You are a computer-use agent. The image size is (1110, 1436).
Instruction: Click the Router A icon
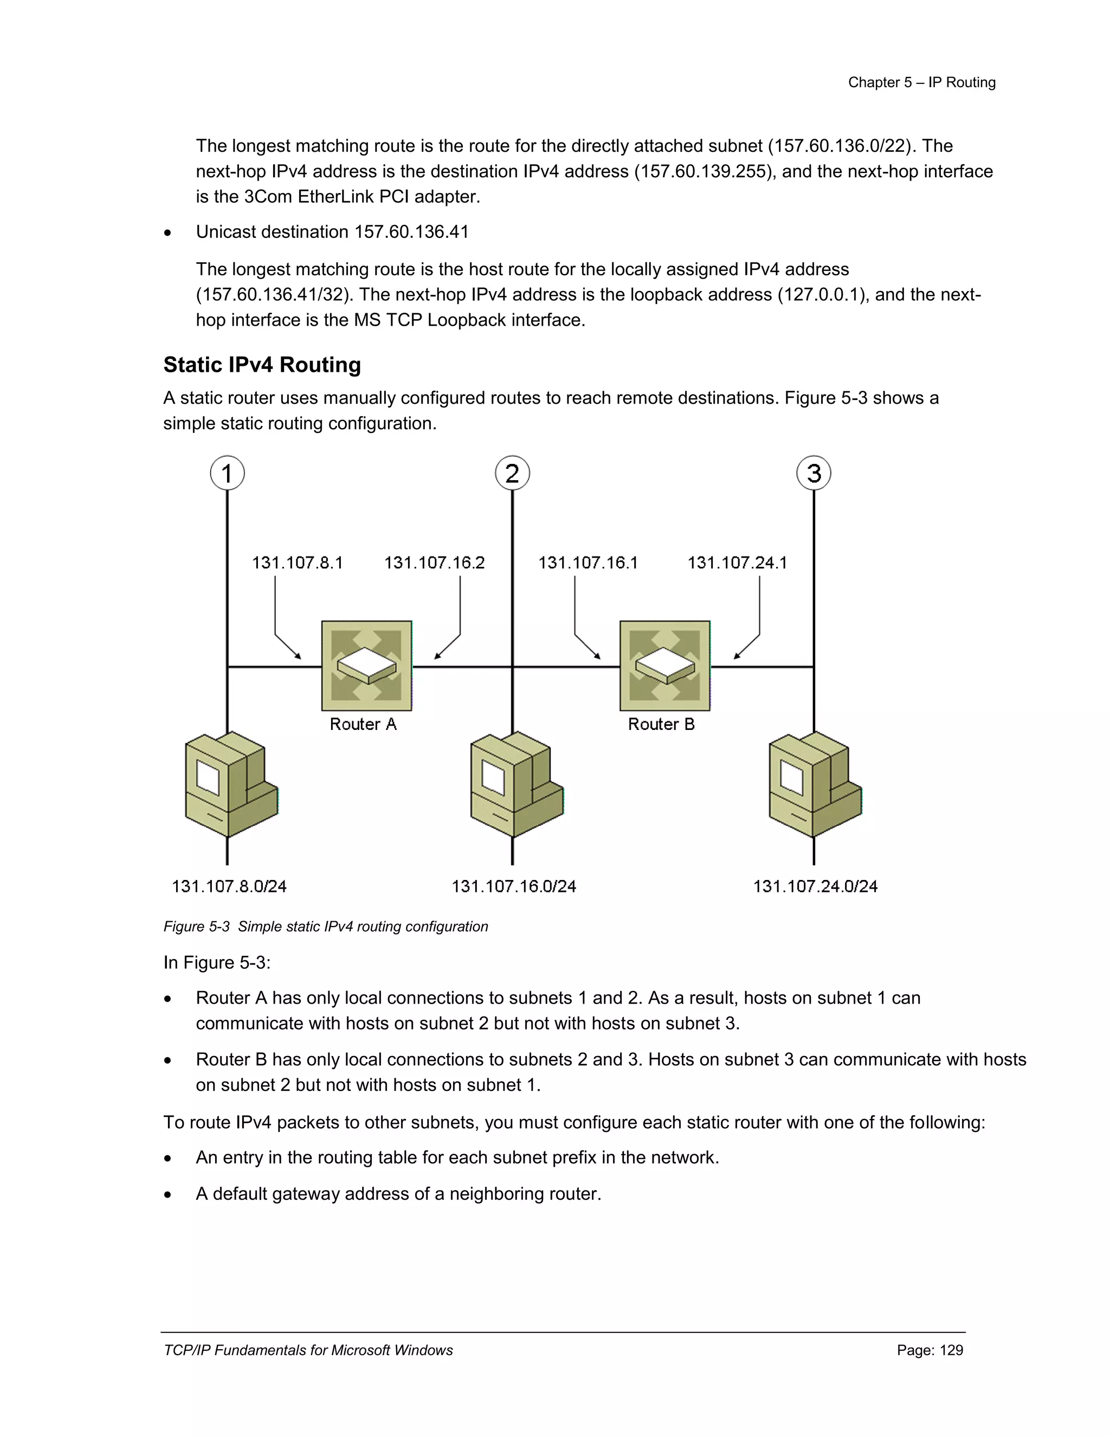point(366,665)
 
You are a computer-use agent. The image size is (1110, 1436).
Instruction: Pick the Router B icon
point(665,665)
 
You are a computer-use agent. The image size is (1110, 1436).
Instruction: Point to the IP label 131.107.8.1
point(297,563)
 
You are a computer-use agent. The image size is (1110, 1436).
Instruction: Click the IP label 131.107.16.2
point(434,563)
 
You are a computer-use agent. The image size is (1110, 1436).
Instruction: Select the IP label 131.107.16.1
point(588,563)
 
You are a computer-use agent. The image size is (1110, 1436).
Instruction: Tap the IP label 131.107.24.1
point(737,563)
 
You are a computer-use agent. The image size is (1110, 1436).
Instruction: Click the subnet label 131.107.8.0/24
point(229,887)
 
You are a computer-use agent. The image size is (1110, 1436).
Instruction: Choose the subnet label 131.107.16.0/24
point(514,887)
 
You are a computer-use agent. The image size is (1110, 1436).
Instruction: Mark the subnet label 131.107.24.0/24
point(815,887)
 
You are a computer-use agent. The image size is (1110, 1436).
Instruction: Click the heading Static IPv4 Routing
point(262,365)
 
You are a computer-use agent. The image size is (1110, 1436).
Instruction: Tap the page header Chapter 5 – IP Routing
point(921,82)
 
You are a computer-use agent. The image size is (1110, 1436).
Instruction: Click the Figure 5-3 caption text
point(326,927)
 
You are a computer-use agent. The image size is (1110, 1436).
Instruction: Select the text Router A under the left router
point(363,724)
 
